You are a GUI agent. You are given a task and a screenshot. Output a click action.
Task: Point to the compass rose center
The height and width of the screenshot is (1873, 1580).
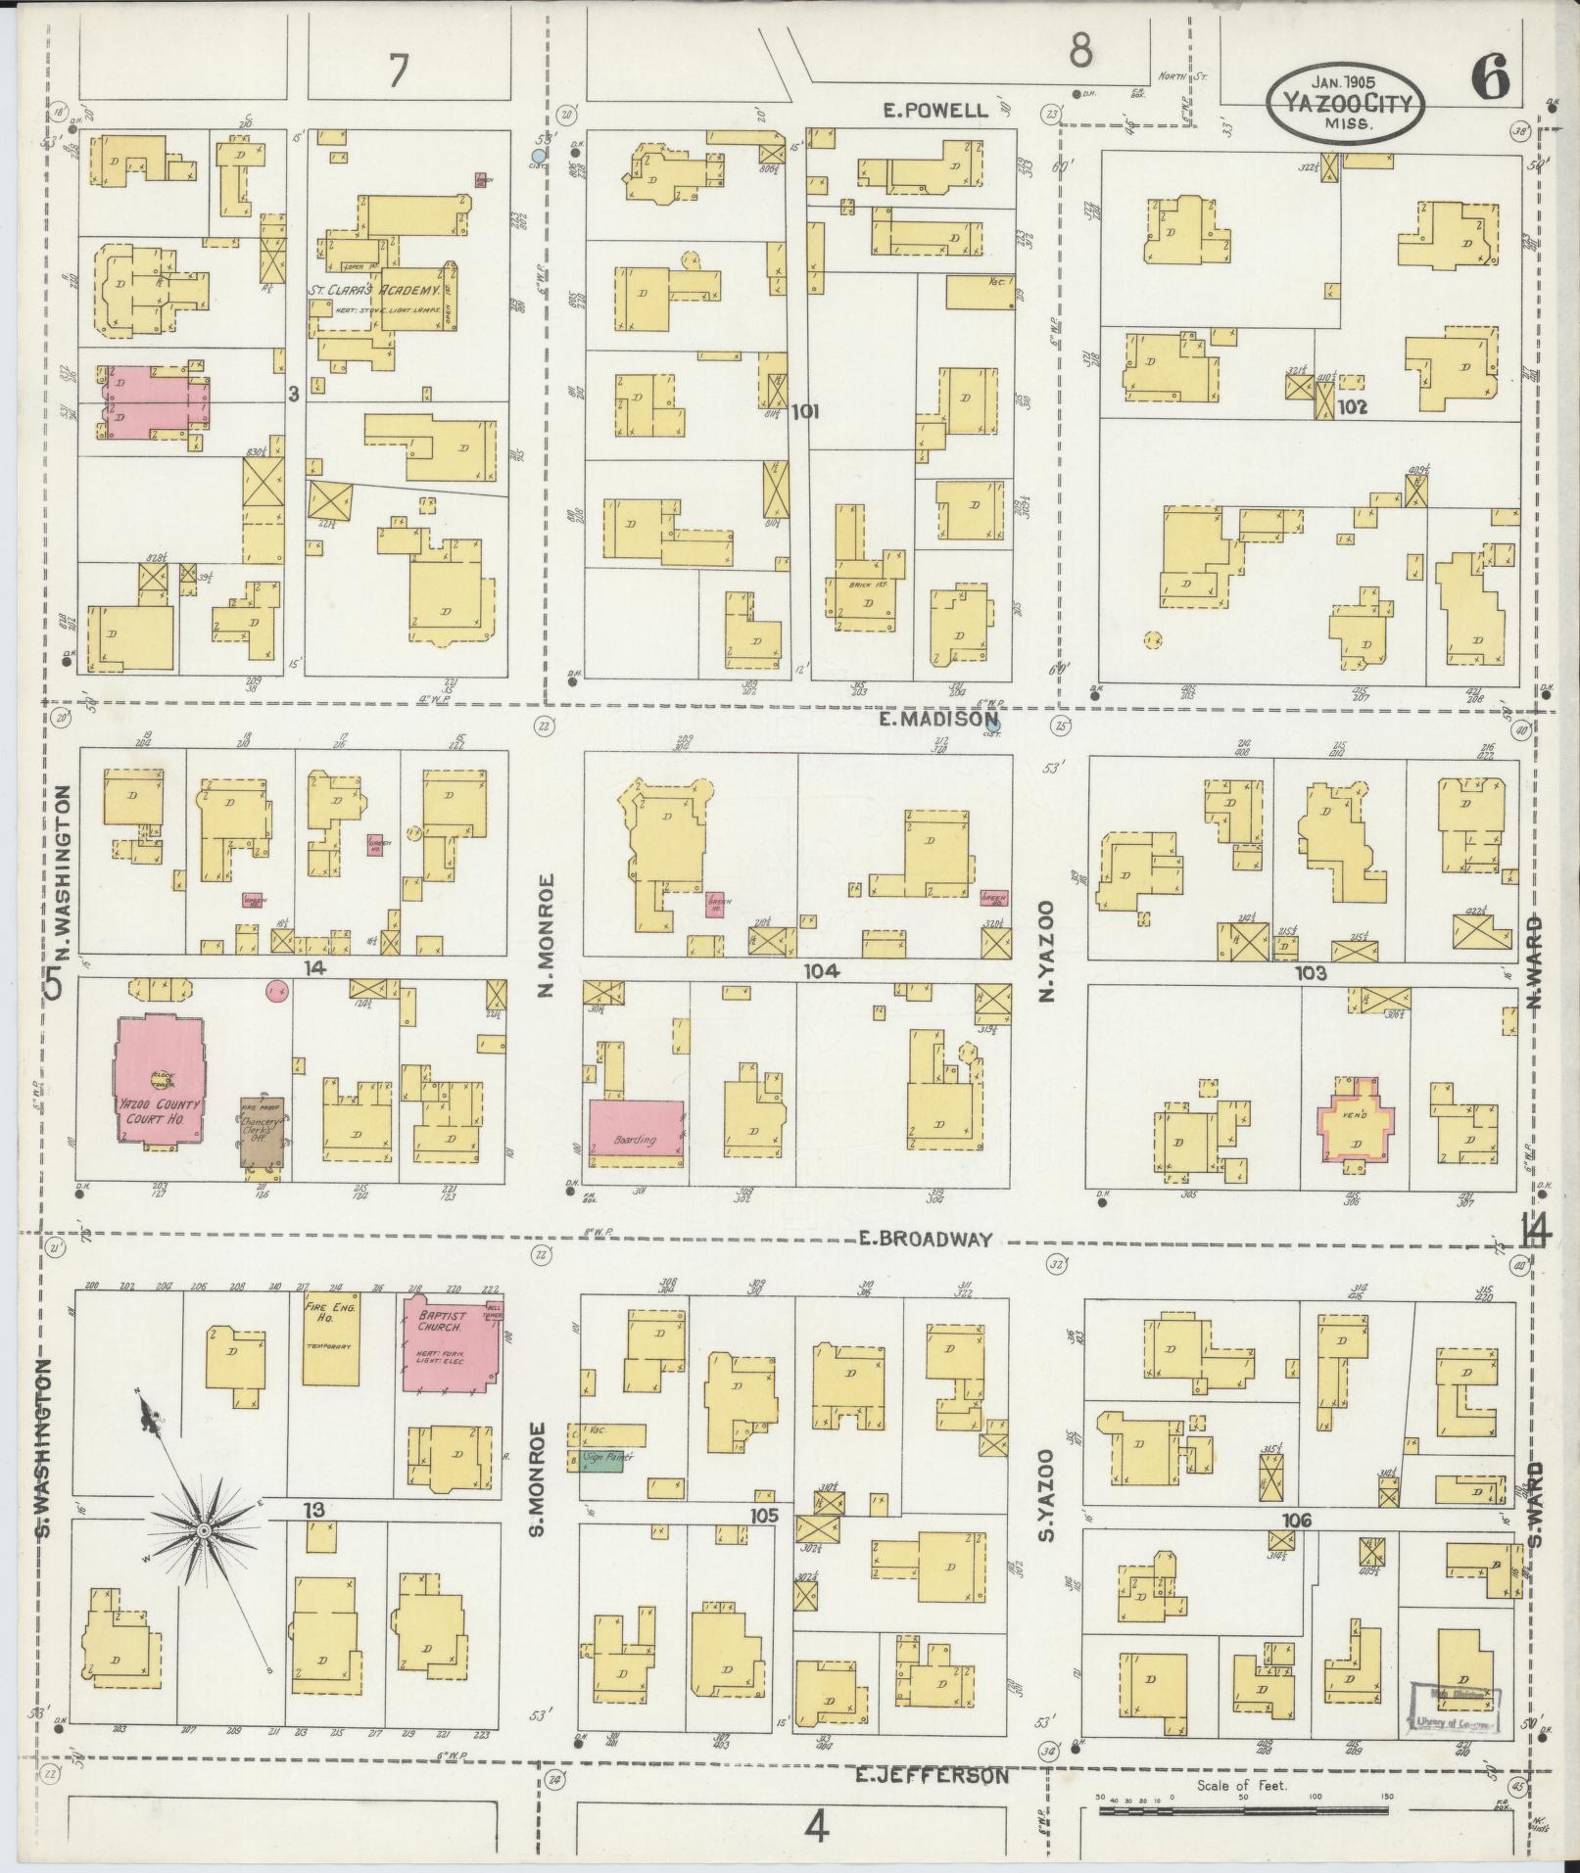tap(202, 1557)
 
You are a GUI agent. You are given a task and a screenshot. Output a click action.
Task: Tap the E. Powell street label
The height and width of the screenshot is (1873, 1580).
tap(935, 111)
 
